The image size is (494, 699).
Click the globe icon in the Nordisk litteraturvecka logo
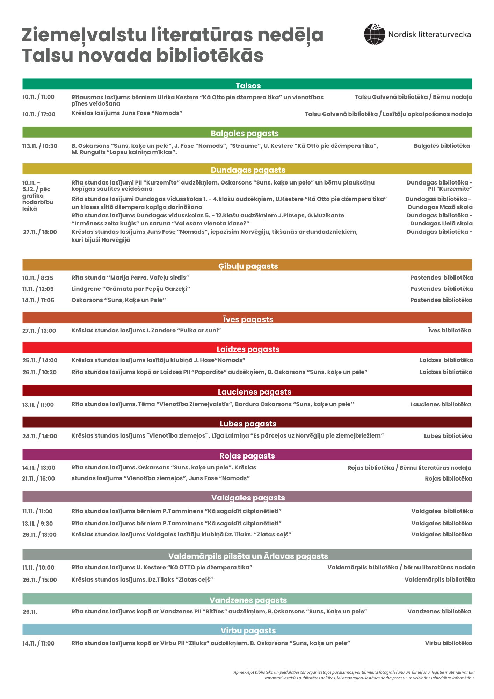click(374, 34)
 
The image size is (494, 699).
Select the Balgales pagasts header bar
click(247, 132)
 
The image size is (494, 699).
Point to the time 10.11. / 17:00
click(39, 114)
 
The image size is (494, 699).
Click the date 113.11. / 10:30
click(39, 146)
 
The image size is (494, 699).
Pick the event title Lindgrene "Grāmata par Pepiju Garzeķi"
click(131, 289)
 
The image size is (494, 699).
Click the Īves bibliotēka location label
click(449, 331)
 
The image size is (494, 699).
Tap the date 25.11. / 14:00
click(40, 360)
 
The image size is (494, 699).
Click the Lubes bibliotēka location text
click(448, 436)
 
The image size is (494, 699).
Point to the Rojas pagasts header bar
click(247, 455)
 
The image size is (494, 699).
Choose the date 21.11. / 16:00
click(38, 478)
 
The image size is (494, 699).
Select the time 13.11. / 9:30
click(37, 524)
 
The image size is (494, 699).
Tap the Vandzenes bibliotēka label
click(439, 612)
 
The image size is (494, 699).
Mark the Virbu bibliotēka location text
click(448, 643)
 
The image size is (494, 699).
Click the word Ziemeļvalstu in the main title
click(85, 35)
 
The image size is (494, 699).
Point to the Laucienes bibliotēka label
click(440, 405)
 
